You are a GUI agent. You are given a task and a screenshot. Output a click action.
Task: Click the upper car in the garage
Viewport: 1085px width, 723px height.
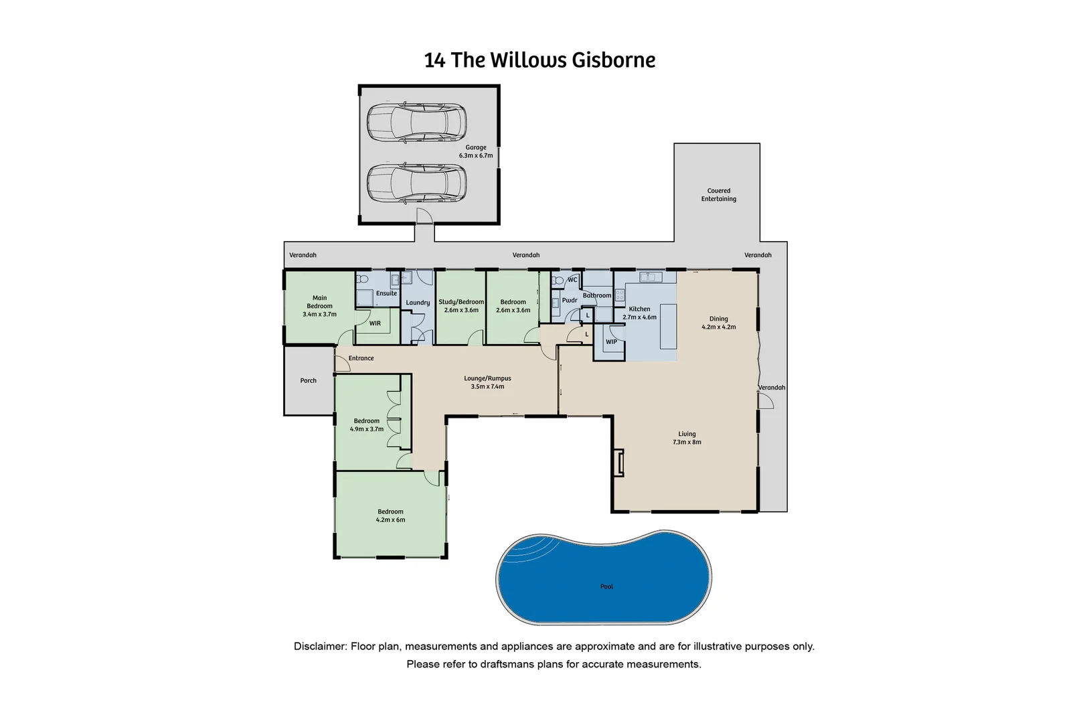(416, 122)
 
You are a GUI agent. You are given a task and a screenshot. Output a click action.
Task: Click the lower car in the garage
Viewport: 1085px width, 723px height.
(416, 183)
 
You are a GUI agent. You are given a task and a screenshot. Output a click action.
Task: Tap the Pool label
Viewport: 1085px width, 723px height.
(606, 587)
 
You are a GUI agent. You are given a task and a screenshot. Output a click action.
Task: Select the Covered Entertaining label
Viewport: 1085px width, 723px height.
(718, 195)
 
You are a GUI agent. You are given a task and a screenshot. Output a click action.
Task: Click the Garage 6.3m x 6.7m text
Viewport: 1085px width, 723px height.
(476, 151)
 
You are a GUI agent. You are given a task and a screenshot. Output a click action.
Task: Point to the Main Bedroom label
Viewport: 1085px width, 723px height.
(319, 306)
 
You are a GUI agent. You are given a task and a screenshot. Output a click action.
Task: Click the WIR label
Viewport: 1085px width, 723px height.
(375, 323)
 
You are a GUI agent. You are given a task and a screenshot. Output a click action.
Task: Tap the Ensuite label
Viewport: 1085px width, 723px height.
(386, 293)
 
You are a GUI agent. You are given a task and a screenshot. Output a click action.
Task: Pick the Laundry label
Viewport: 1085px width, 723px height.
(418, 303)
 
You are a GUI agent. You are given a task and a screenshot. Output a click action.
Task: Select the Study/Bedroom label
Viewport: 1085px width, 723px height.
(461, 306)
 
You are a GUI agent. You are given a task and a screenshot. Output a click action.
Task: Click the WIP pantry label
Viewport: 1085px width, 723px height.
(611, 342)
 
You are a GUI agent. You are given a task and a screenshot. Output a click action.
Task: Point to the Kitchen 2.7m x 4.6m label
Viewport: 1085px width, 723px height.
(639, 313)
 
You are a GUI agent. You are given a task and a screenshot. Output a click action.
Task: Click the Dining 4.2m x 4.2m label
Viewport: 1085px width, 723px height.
(718, 323)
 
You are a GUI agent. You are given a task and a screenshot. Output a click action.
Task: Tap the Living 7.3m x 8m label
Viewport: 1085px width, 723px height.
(687, 438)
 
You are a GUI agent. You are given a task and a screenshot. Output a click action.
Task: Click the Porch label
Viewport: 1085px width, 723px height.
(308, 381)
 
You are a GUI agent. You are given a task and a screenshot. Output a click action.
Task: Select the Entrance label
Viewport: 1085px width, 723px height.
(361, 358)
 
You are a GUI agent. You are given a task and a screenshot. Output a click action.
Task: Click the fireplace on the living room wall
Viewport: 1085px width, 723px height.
(620, 462)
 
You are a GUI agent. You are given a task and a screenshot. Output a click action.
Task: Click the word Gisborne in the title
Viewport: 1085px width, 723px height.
(613, 60)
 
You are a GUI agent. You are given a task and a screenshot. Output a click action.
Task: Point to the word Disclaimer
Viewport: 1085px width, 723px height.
(320, 647)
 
